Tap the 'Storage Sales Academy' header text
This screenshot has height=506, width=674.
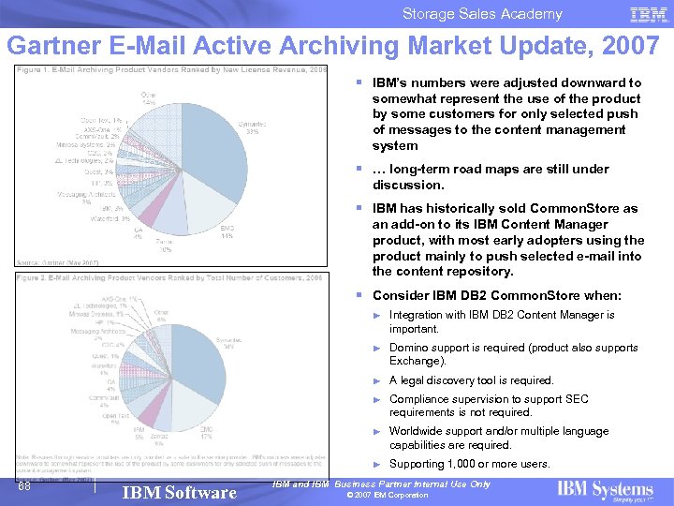tap(482, 13)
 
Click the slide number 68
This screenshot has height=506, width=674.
tap(25, 485)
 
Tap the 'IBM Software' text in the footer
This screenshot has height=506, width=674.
tap(180, 492)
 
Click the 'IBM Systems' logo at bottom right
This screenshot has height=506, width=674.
tap(605, 489)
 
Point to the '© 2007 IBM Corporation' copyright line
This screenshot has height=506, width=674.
tap(387, 495)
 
